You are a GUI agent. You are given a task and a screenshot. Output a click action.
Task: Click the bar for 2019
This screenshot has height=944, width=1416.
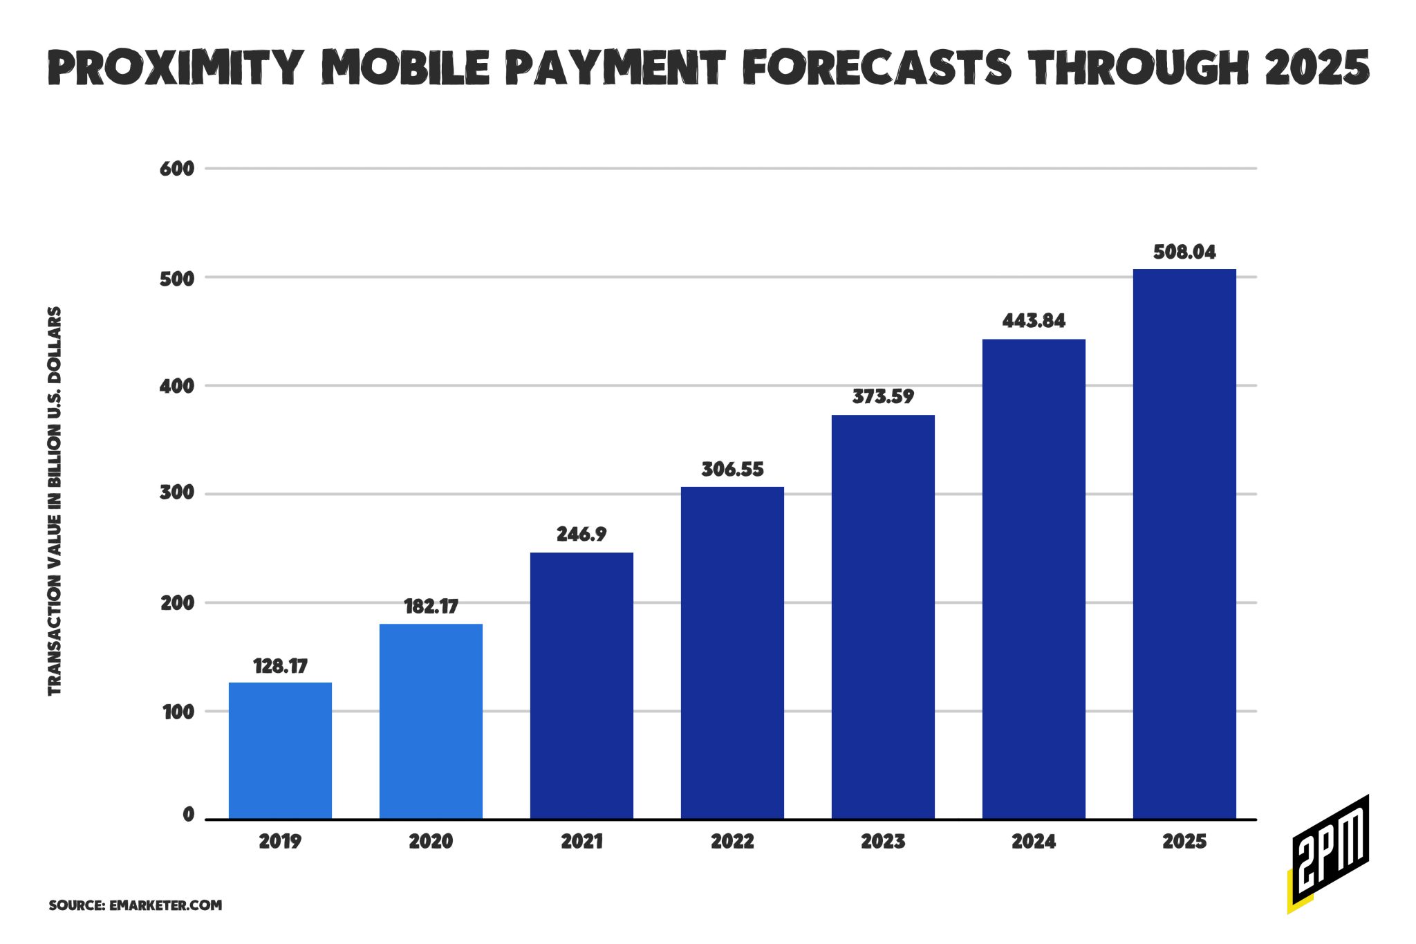click(x=280, y=750)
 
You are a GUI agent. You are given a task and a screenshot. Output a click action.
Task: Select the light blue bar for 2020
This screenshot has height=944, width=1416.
click(x=431, y=721)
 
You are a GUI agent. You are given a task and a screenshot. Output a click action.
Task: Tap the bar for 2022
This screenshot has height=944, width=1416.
click(x=732, y=653)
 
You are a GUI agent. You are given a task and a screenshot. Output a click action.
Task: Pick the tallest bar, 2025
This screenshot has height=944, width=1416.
click(x=1184, y=544)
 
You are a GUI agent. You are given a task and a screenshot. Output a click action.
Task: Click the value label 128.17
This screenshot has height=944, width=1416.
click(x=280, y=666)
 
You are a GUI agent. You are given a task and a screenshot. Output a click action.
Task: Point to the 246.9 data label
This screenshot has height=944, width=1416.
click(x=581, y=535)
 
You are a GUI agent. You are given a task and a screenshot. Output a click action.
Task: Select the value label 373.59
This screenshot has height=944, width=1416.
click(x=883, y=397)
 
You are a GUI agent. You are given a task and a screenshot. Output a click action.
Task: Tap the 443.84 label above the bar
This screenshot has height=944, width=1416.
click(x=1034, y=321)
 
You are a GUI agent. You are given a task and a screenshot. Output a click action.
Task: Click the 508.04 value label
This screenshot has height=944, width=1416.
click(x=1184, y=252)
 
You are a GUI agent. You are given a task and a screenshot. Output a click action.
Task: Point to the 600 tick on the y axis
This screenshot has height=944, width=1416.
click(x=177, y=169)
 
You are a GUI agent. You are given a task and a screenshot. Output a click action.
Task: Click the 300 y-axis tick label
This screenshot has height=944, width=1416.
click(x=177, y=494)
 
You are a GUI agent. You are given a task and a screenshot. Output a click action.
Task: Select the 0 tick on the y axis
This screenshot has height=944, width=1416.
click(x=188, y=815)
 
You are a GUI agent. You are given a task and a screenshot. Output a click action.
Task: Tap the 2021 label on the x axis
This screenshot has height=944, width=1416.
click(x=581, y=842)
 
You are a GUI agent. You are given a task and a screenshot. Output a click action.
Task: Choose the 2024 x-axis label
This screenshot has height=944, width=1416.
click(x=1034, y=842)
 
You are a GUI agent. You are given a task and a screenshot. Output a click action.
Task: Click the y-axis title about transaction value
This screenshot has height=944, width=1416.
click(x=55, y=501)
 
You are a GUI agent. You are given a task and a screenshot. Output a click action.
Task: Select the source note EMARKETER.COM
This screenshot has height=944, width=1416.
click(x=136, y=905)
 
